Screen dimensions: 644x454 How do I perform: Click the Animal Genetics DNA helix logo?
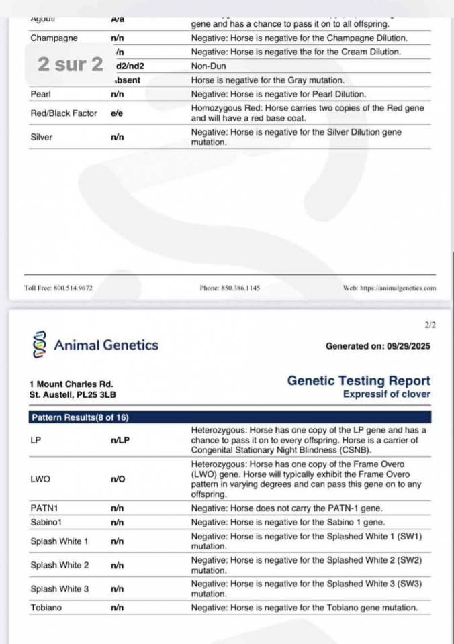point(38,345)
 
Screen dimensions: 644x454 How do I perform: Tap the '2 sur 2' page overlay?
point(71,64)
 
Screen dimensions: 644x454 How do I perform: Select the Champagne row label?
point(54,38)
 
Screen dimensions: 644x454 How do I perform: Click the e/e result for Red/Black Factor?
point(117,113)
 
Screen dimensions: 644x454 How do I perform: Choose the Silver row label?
point(42,137)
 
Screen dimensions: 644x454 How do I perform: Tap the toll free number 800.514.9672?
point(58,288)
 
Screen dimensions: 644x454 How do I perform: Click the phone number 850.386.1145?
point(230,288)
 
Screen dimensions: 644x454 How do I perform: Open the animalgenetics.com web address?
point(389,288)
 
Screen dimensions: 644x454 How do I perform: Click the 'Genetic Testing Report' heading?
point(359,381)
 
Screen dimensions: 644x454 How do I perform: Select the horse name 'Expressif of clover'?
point(386,394)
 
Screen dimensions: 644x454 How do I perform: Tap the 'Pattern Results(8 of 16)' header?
point(80,417)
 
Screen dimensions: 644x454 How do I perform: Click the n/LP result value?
point(120,441)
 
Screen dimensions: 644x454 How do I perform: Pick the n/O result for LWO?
point(118,480)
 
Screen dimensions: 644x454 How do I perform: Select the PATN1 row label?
point(44,508)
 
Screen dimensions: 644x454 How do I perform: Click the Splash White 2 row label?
point(60,565)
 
